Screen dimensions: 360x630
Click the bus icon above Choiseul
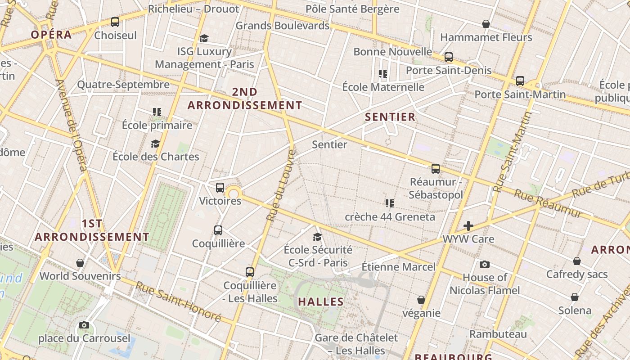pyautogui.click(x=115, y=22)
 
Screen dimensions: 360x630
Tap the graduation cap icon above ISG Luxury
pyautogui.click(x=204, y=38)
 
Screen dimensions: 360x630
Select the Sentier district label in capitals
pyautogui.click(x=390, y=117)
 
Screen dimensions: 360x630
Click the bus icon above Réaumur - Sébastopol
pyautogui.click(x=435, y=169)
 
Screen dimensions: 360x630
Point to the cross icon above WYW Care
pyautogui.click(x=468, y=225)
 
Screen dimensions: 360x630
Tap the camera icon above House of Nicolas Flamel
pyautogui.click(x=484, y=264)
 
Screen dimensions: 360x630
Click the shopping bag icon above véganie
pyautogui.click(x=421, y=300)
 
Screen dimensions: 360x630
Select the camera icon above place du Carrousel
pyautogui.click(x=84, y=325)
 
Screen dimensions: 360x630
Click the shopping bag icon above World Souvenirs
pyautogui.click(x=80, y=263)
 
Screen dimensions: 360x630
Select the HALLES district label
pyautogui.click(x=321, y=301)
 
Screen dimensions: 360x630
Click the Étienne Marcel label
pyautogui.click(x=399, y=267)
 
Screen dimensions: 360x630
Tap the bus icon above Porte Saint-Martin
pyautogui.click(x=520, y=81)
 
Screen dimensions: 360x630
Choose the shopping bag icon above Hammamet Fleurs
pyautogui.click(x=486, y=24)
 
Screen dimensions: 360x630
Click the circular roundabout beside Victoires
pyautogui.click(x=234, y=194)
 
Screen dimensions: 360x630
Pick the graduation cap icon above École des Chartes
pyautogui.click(x=155, y=144)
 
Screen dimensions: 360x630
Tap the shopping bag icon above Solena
pyautogui.click(x=575, y=297)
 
